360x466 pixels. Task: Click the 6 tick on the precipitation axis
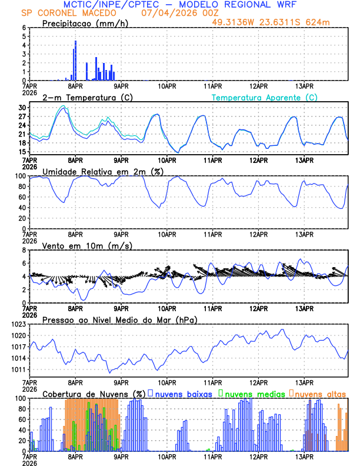click(24, 28)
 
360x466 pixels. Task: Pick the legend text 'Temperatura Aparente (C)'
click(265, 97)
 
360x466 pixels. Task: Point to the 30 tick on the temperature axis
click(22, 108)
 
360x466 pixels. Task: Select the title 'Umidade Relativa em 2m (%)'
click(99, 171)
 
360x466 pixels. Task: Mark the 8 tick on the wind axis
click(24, 250)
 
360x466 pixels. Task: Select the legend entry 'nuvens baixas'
click(183, 393)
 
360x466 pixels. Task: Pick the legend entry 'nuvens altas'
click(320, 393)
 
